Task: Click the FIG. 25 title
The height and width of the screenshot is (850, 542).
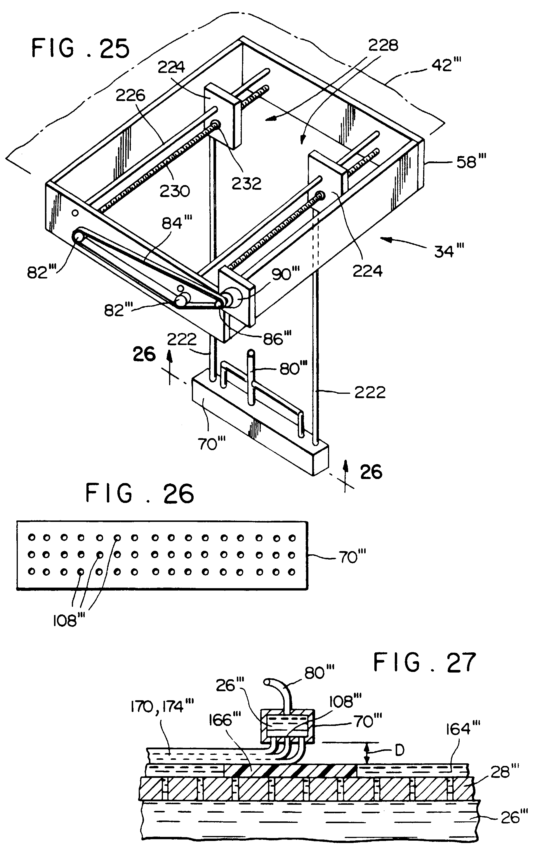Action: (x=81, y=48)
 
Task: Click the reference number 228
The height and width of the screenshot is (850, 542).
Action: (x=383, y=45)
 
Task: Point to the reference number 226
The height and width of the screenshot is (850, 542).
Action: (x=130, y=95)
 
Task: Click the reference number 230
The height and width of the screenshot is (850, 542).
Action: (x=175, y=191)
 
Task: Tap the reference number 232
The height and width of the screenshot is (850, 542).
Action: (x=246, y=184)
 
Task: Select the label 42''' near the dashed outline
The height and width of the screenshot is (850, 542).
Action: (x=446, y=65)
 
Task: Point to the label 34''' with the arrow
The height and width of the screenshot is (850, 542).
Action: (x=449, y=251)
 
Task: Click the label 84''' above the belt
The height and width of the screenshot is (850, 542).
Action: (x=177, y=223)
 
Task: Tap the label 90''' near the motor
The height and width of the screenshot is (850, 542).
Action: (x=285, y=274)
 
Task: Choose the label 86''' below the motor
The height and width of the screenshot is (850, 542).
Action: (x=277, y=339)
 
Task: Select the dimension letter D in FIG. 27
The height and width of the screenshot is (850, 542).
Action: (x=399, y=750)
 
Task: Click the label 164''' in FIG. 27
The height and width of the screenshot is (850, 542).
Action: (x=463, y=728)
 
